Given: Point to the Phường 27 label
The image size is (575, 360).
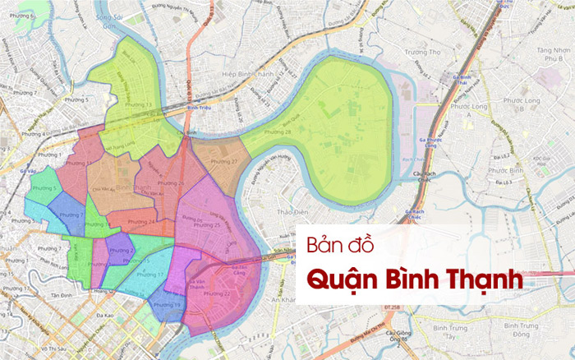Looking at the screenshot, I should tap(223, 162).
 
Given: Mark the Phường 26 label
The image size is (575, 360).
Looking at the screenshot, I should tap(171, 182).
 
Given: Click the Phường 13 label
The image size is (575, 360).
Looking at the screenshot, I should tap(82, 164).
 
